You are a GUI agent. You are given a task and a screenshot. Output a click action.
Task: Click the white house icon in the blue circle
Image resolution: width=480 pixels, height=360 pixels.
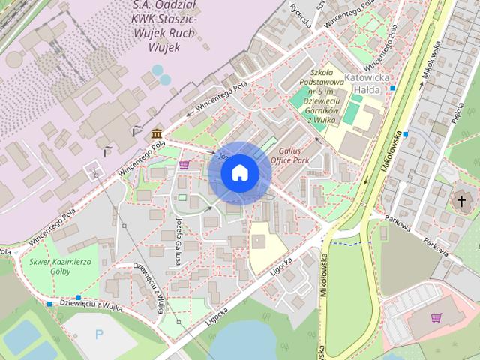(x=238, y=172)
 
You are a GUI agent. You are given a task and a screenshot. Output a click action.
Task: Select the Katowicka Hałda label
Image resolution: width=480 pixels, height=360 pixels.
(x=369, y=83)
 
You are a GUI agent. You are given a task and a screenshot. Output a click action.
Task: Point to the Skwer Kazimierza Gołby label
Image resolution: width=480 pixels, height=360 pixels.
(x=59, y=266)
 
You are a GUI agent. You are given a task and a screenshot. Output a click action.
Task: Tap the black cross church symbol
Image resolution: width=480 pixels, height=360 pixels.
(x=459, y=200)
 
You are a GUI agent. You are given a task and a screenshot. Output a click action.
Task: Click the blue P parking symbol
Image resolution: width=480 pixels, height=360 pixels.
(x=99, y=334)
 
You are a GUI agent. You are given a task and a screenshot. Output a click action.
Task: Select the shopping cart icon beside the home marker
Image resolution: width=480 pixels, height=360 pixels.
(x=184, y=164)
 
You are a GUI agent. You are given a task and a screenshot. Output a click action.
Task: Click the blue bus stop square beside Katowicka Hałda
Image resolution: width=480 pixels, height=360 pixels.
(x=393, y=88)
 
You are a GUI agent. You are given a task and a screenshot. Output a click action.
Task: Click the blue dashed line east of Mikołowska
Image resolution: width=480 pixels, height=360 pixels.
(x=346, y=243)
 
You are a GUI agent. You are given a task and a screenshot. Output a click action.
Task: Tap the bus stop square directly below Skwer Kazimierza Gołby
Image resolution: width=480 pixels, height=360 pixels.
(x=49, y=304)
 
